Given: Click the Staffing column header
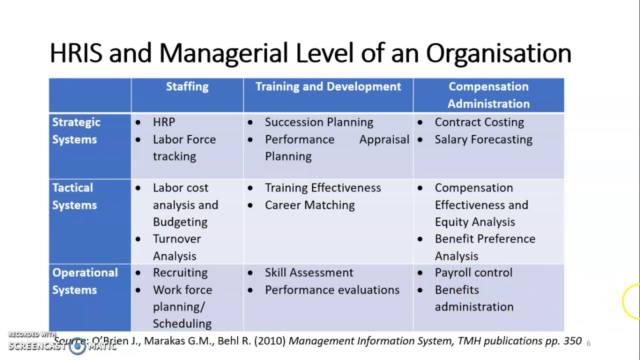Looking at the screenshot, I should [187, 86].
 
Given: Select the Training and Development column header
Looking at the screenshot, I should [328, 86].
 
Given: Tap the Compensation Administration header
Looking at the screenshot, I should [488, 95].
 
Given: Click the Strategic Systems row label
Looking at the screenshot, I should [76, 131].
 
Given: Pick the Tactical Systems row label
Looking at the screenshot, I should [74, 196].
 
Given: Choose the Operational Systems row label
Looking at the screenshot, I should [84, 281].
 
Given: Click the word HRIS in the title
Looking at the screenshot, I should [76, 53].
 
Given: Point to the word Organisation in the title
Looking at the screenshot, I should [498, 53].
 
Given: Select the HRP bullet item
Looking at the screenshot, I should [164, 122].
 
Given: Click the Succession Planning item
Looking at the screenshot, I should [318, 122].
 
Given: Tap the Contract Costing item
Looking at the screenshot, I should [479, 122].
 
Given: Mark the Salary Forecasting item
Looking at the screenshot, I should [483, 139].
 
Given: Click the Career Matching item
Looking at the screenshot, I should [309, 205].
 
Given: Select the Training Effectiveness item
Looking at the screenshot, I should [322, 188].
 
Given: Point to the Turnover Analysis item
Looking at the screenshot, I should [176, 247].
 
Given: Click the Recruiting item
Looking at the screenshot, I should [180, 273].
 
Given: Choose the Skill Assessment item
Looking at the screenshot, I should [308, 273].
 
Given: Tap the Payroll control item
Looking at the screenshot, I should [473, 273].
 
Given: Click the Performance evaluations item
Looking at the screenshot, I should [332, 290].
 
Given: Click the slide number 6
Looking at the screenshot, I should [588, 343].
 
